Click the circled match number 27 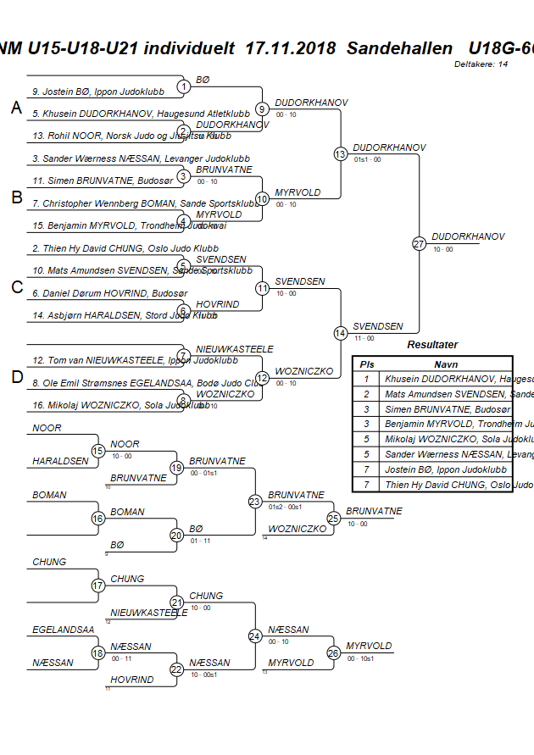[x=419, y=244]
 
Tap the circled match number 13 [x=340, y=154]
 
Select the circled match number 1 [x=184, y=86]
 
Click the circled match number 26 [x=333, y=652]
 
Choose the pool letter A [x=16, y=108]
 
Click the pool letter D [x=16, y=377]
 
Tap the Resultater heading [x=432, y=345]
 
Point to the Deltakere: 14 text [x=481, y=64]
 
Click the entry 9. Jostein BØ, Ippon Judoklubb [x=98, y=92]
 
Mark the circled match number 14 [x=340, y=333]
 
